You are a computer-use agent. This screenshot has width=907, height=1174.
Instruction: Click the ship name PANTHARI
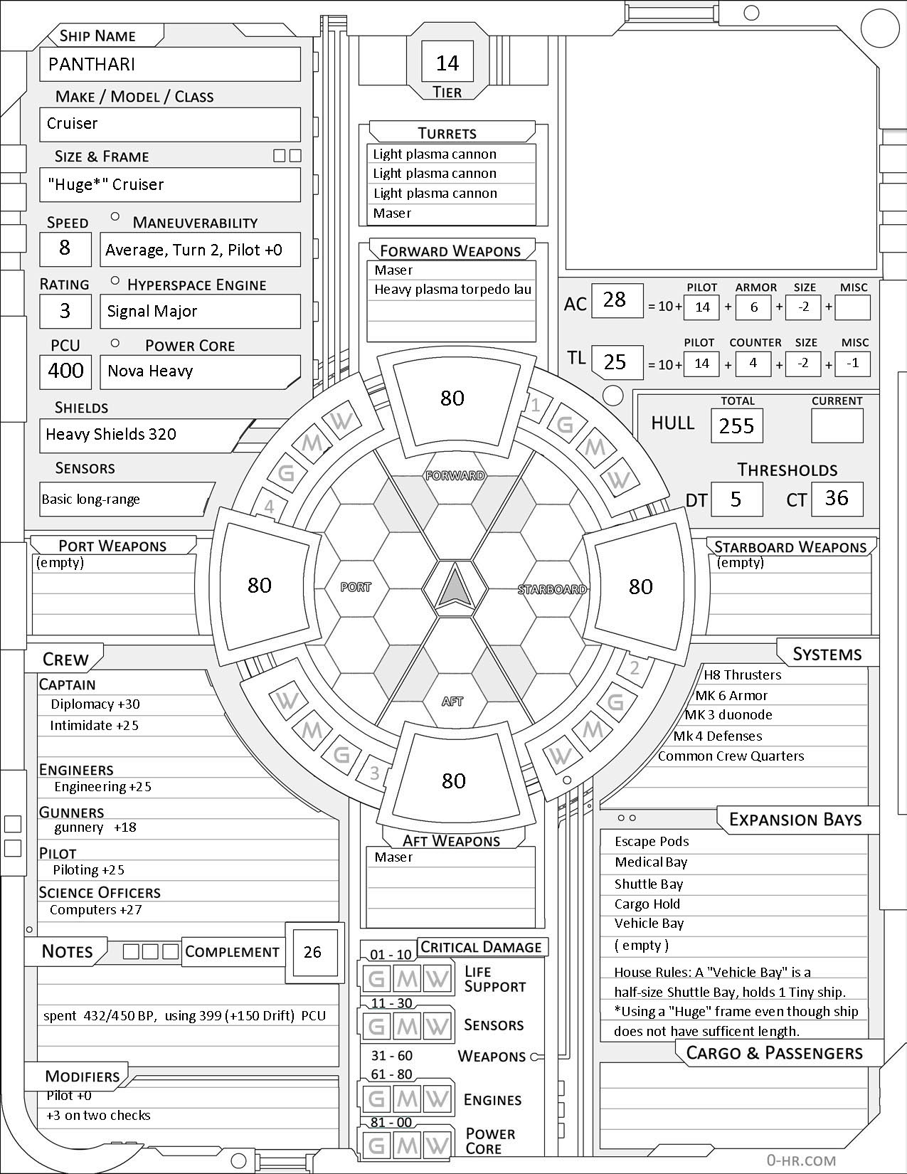click(x=92, y=65)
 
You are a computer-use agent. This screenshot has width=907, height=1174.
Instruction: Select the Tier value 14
click(x=447, y=63)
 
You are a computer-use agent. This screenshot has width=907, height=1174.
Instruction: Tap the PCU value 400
click(x=66, y=371)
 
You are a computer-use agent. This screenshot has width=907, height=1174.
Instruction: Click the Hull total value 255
click(x=736, y=426)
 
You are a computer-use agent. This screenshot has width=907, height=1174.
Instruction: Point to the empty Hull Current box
click(x=837, y=425)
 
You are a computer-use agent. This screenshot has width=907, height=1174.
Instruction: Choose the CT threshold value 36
click(x=837, y=498)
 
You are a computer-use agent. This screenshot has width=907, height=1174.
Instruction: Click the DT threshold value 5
click(x=736, y=499)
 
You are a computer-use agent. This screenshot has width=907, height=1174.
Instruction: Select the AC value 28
click(x=615, y=300)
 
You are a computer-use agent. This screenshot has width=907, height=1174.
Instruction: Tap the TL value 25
click(x=615, y=362)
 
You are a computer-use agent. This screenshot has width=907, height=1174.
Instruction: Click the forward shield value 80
click(x=452, y=398)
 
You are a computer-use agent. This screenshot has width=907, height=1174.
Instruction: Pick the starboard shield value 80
click(x=641, y=586)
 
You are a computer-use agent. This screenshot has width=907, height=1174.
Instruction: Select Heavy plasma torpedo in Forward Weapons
click(x=452, y=290)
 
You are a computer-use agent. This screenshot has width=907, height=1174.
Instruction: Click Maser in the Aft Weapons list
click(x=393, y=857)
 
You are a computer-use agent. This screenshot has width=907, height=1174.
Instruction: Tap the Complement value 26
click(x=312, y=952)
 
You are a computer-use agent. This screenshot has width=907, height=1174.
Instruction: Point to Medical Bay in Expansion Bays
click(x=651, y=862)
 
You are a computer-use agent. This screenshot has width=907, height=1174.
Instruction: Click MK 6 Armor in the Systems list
click(x=731, y=695)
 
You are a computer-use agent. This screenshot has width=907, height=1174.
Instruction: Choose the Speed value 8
click(x=65, y=248)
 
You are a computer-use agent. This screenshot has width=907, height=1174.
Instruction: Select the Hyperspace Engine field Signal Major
click(x=152, y=311)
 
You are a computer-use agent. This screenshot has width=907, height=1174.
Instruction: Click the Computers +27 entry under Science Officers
click(x=96, y=910)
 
